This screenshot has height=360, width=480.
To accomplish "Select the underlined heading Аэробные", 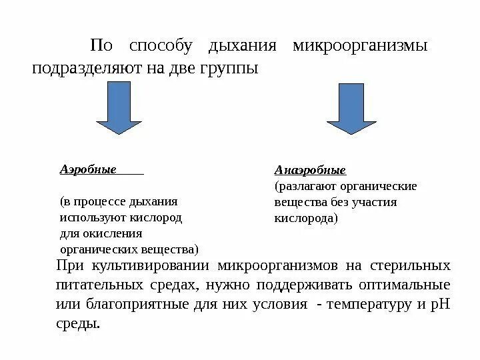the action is tap(88, 169).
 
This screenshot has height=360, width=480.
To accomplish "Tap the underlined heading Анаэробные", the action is tap(310, 171).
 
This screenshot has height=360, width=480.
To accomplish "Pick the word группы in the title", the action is tap(229, 69).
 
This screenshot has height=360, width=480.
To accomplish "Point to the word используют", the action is tap(90, 217).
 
